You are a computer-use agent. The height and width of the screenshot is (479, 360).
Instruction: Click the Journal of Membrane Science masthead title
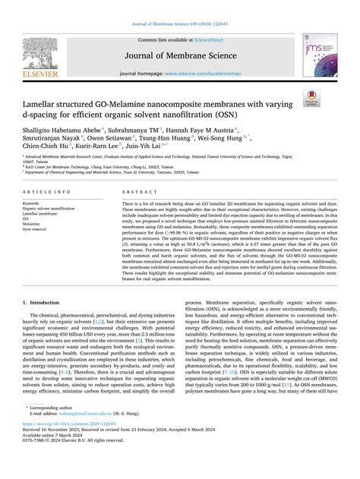point(181,55)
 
